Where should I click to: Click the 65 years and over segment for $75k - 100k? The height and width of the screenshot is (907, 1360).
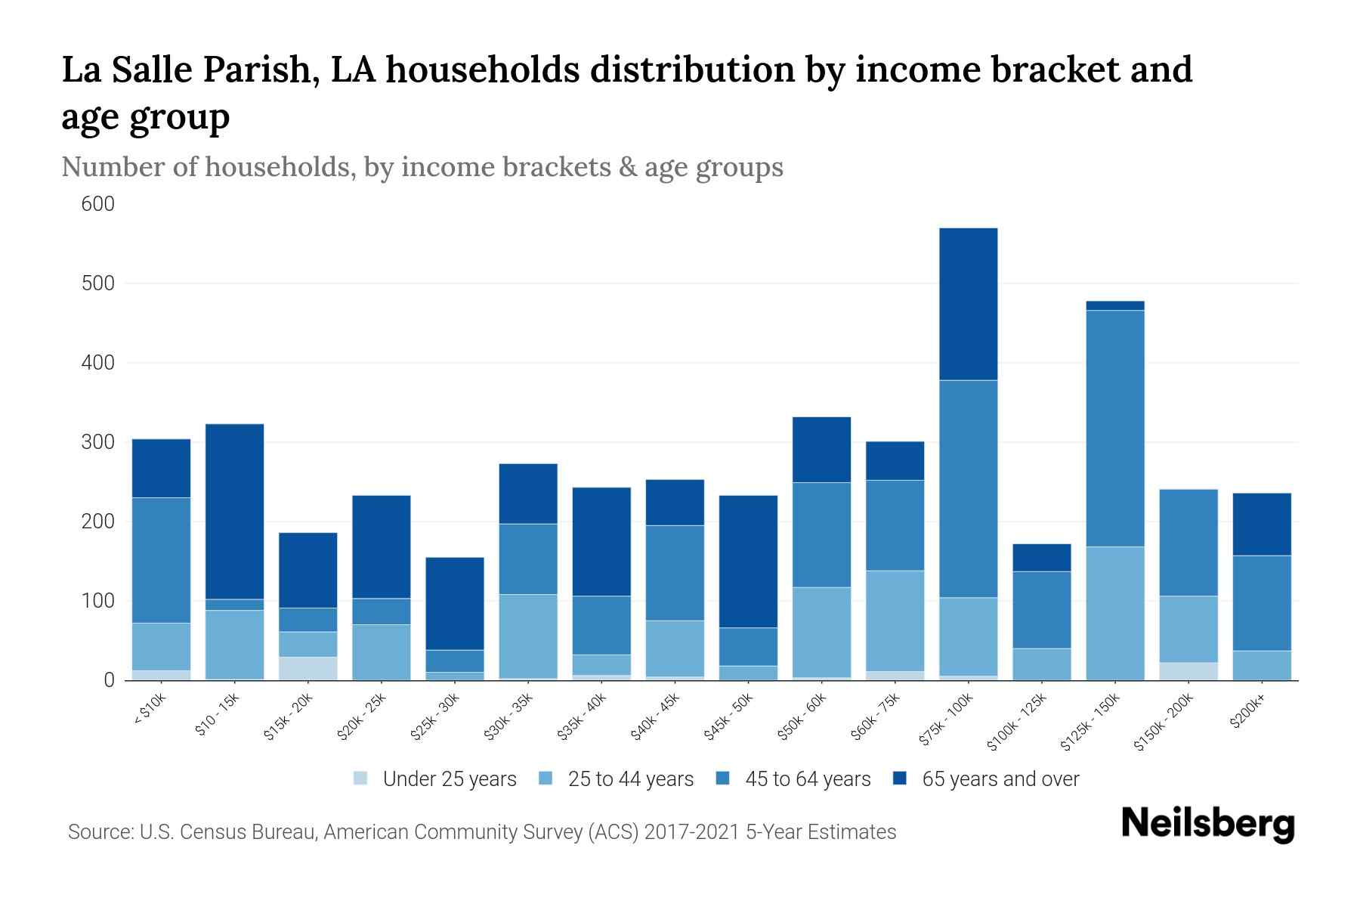(968, 304)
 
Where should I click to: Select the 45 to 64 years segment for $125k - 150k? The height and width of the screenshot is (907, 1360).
(1114, 428)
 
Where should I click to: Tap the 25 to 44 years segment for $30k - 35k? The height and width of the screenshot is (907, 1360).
(528, 636)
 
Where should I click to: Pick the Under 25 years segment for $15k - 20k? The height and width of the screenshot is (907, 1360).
(308, 668)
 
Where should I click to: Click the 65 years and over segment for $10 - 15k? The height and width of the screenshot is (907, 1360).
(234, 512)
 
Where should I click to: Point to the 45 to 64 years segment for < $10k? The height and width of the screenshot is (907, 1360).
(161, 560)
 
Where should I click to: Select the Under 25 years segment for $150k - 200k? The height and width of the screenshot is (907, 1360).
(1188, 671)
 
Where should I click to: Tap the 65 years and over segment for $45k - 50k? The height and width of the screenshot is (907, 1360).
(748, 562)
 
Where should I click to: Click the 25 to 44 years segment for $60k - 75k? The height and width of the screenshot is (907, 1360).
(895, 621)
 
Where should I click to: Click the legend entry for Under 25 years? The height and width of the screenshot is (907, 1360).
(449, 779)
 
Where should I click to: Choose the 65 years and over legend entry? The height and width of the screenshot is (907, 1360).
(1000, 779)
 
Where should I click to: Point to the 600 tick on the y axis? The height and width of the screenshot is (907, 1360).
(98, 204)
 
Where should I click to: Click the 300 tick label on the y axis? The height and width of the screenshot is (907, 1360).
(98, 442)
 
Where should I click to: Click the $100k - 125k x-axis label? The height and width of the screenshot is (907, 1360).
(1017, 723)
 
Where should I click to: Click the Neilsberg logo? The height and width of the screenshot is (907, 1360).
(1207, 824)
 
